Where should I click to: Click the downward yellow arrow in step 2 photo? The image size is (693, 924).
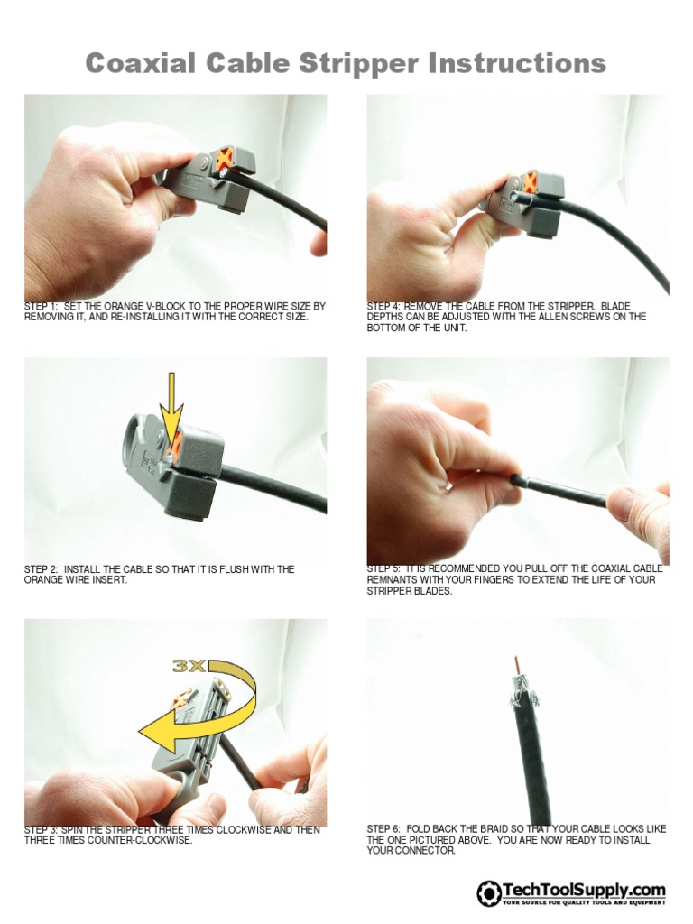pos(171,398)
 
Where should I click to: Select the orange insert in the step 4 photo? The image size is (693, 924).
pos(530,181)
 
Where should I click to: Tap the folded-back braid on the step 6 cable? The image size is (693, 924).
pos(521,696)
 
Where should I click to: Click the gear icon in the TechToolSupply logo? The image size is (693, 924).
pos(488,892)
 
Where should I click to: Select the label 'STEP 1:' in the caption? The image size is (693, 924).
pos(42,307)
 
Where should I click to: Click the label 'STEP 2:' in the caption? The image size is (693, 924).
pos(42,569)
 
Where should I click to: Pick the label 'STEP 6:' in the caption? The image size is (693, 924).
pos(384,829)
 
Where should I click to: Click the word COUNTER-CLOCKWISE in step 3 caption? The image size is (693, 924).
pos(133,840)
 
